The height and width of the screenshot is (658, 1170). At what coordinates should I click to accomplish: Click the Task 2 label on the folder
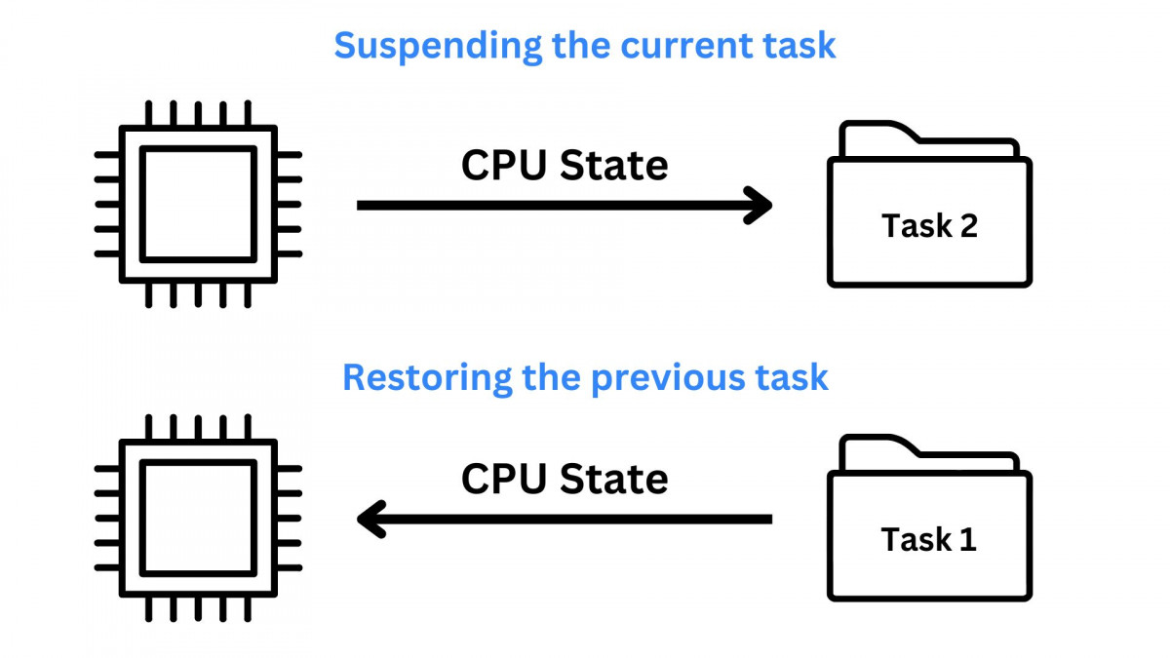click(929, 226)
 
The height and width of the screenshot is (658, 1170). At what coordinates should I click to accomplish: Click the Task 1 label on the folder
click(928, 539)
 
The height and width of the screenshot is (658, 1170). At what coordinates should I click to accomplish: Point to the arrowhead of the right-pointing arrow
click(760, 206)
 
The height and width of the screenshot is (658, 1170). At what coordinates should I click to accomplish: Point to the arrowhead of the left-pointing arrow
click(370, 520)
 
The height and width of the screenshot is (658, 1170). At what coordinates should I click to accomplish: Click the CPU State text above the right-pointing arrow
click(565, 166)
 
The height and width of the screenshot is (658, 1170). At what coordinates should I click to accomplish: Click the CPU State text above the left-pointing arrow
click(565, 479)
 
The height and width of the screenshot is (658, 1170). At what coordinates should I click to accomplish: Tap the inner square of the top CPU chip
click(198, 204)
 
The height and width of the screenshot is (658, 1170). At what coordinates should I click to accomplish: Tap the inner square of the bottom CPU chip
click(198, 518)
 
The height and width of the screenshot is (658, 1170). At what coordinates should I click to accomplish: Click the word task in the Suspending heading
click(800, 46)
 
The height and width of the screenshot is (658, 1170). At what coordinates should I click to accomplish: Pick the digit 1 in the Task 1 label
click(965, 539)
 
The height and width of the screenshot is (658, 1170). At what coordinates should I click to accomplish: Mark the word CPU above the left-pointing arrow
click(502, 479)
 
